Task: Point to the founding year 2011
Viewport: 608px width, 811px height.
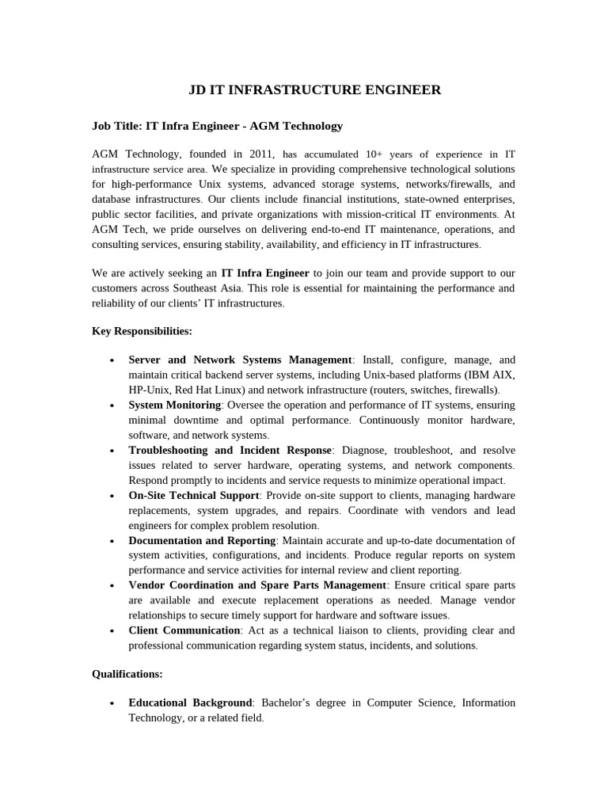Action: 260,154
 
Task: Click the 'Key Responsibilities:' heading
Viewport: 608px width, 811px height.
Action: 142,330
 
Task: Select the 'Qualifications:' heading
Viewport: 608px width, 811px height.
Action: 127,674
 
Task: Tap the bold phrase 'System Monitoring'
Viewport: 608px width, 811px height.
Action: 175,405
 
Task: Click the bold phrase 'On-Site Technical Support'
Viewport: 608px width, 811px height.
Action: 195,496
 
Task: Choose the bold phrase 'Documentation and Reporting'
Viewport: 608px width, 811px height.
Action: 202,540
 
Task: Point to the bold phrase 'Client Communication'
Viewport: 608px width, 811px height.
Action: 184,630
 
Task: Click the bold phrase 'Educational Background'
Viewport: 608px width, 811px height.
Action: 190,702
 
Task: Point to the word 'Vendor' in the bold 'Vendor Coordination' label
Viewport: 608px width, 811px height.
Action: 148,585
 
